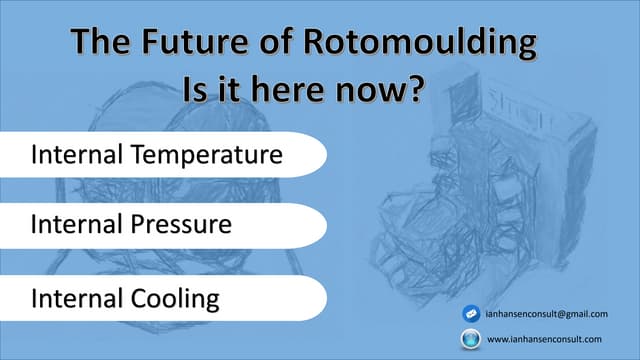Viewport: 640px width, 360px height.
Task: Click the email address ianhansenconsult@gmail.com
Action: tap(553, 314)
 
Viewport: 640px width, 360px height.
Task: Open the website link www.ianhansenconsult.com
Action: tap(549, 339)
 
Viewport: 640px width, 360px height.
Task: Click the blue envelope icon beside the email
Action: tap(470, 314)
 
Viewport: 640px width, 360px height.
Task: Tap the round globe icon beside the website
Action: tap(470, 339)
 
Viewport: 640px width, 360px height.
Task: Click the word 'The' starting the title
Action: tap(101, 44)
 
